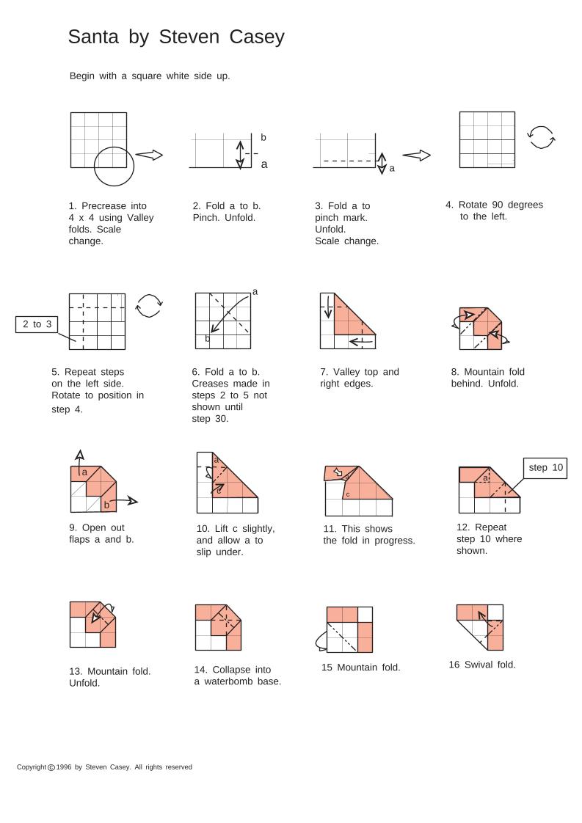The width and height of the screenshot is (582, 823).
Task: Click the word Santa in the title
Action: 93,37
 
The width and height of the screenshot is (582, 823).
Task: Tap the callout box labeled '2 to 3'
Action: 37,324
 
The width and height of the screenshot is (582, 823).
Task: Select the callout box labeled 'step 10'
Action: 546,468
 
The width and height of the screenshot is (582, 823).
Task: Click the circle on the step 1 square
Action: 114,166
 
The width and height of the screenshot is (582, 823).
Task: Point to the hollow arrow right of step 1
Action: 149,155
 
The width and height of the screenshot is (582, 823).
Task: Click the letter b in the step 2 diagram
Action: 263,137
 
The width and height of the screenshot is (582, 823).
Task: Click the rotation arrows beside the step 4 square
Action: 542,137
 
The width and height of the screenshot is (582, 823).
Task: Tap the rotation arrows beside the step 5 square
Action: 149,305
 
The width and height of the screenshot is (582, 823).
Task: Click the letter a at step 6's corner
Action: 255,292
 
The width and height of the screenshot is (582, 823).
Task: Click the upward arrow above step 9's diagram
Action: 79,456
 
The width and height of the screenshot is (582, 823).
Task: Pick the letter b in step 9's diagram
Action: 106,505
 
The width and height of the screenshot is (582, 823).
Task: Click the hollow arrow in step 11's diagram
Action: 338,472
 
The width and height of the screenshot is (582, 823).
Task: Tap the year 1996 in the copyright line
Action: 64,767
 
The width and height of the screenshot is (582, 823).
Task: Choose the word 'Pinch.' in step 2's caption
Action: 207,218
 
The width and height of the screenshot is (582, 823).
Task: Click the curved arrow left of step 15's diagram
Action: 320,642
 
